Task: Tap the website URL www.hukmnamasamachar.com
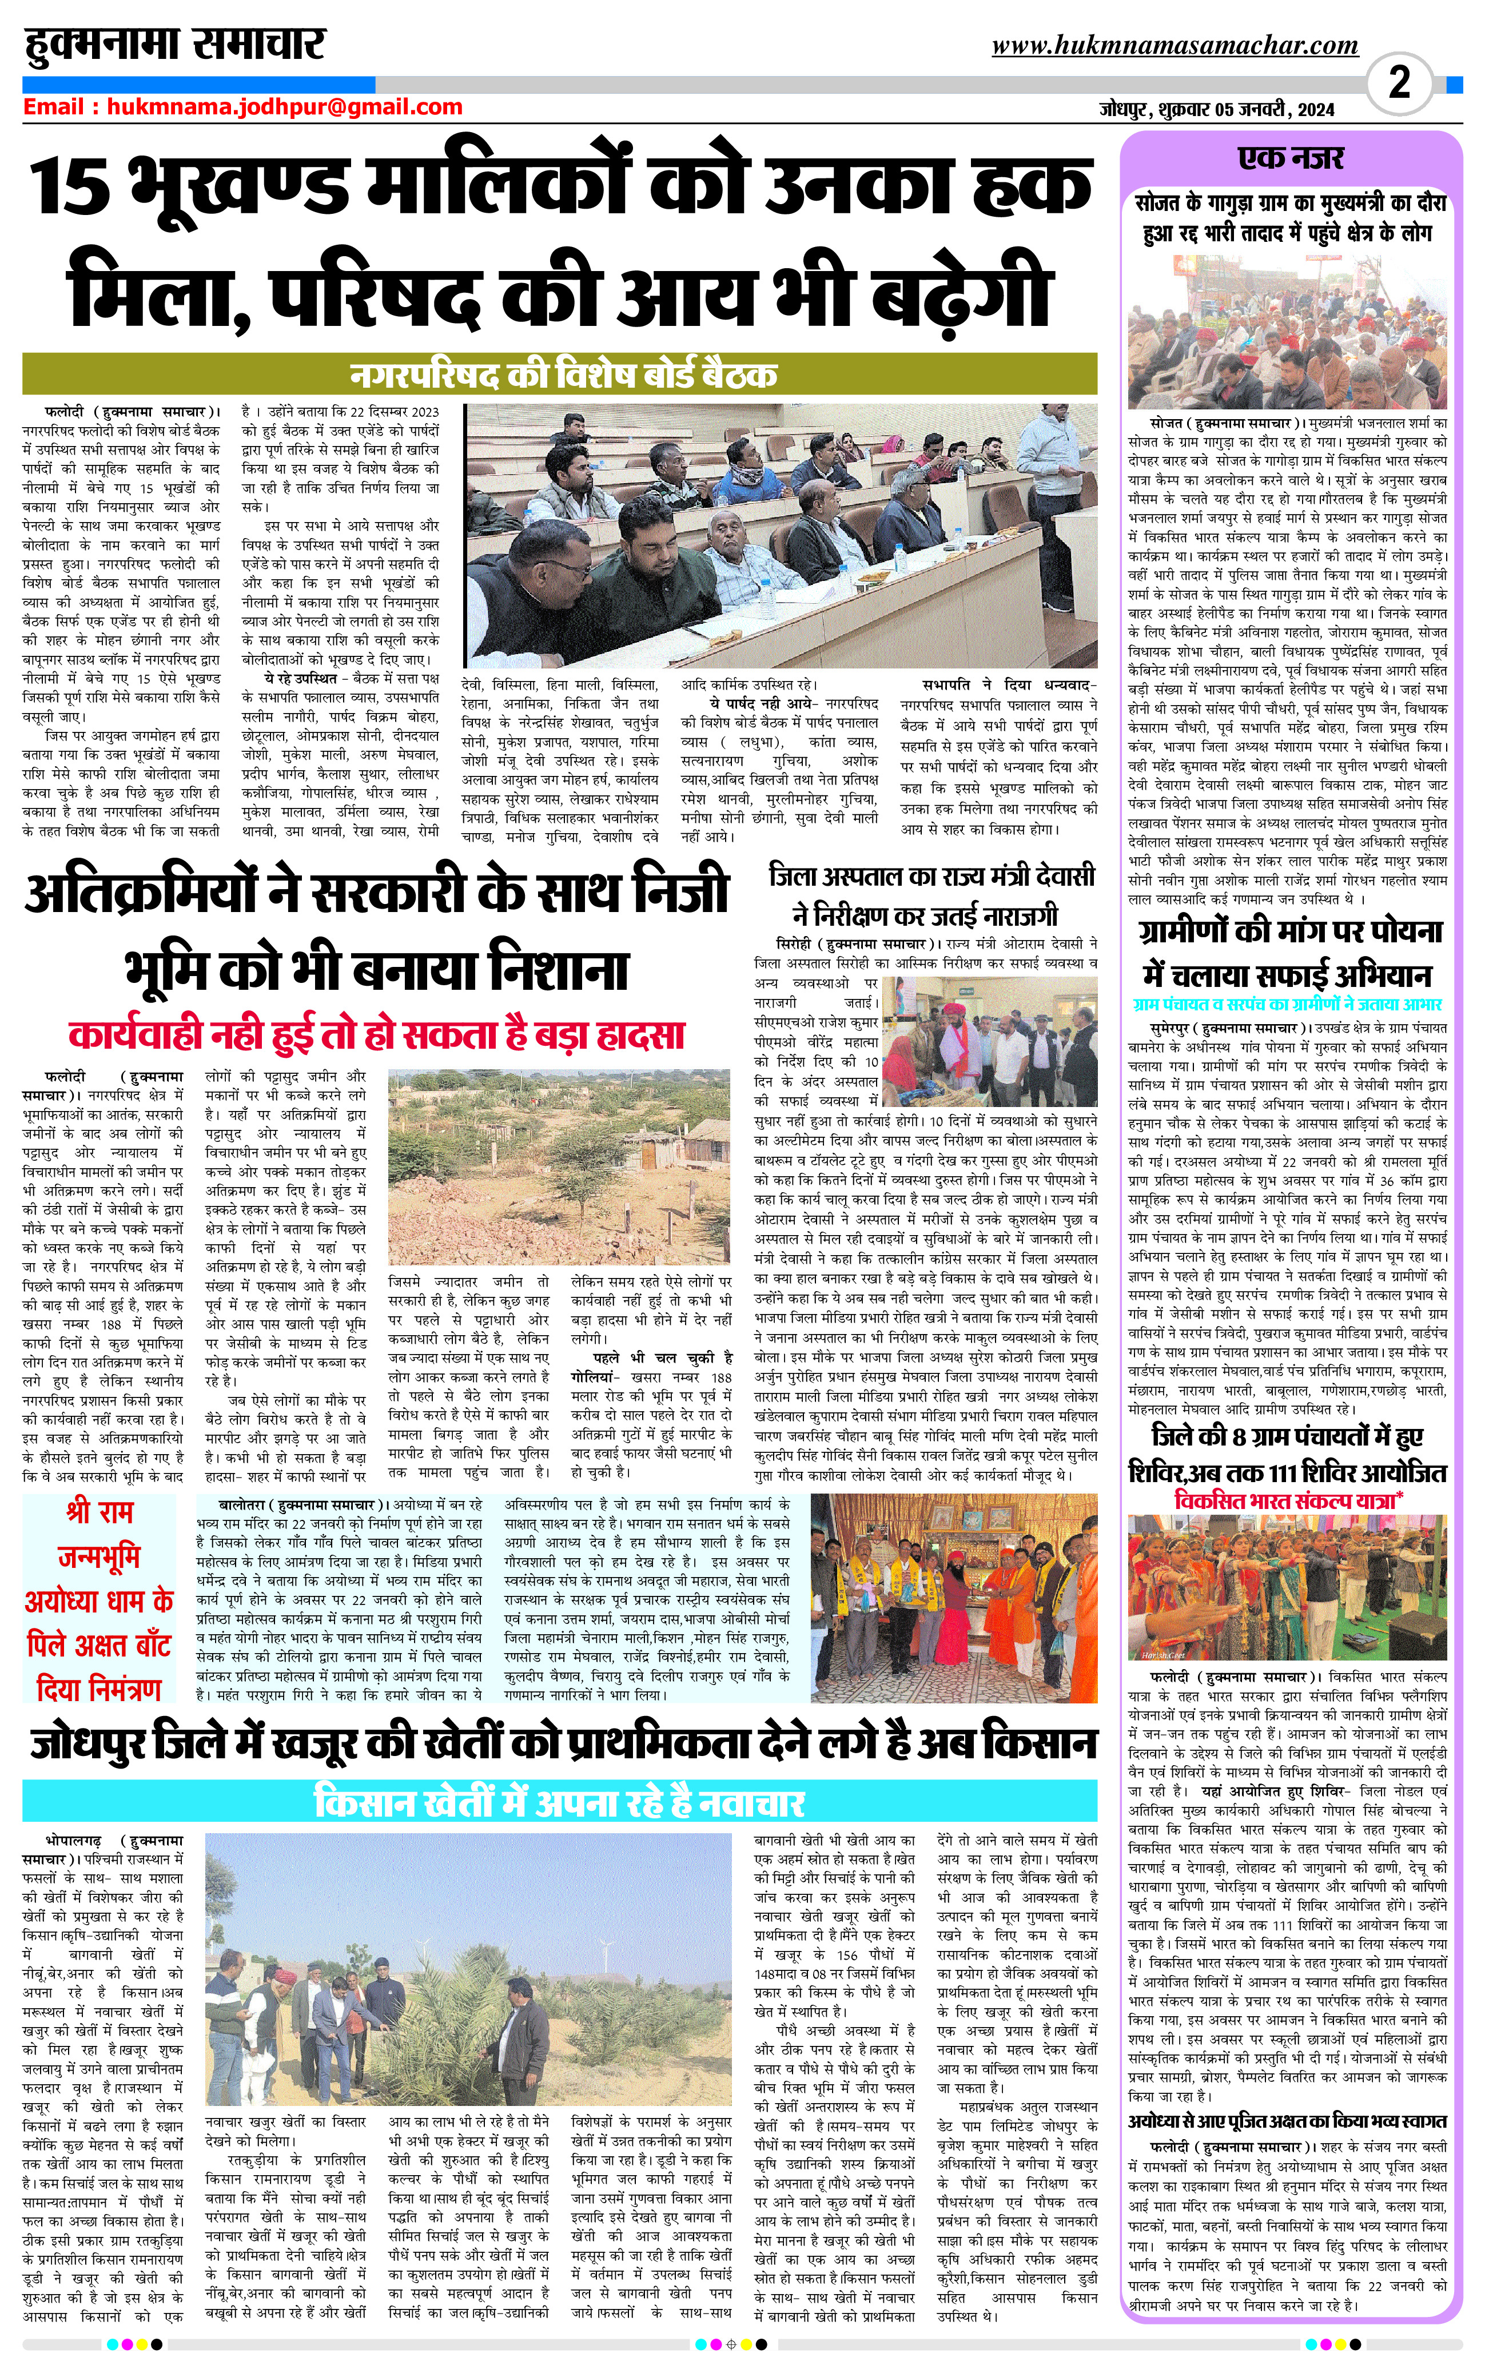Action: pyautogui.click(x=1175, y=46)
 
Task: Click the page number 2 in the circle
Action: pyautogui.click(x=1399, y=82)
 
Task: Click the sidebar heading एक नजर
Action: pyautogui.click(x=1291, y=158)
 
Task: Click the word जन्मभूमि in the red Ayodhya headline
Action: pyautogui.click(x=98, y=1557)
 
